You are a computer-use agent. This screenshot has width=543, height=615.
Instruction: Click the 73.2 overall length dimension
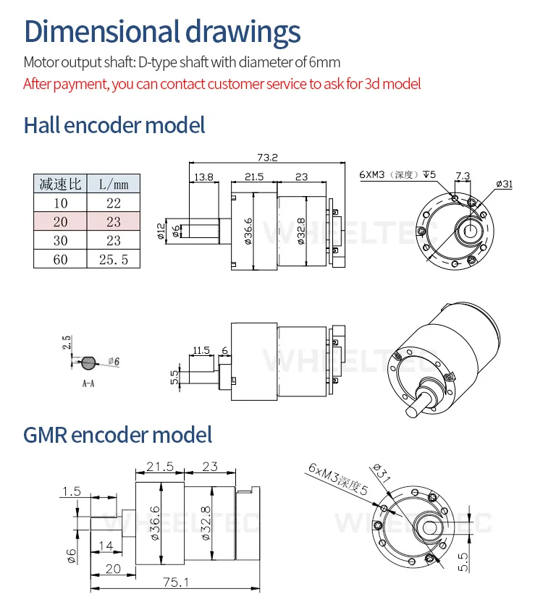[267, 157]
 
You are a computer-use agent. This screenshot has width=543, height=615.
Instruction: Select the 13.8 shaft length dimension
[203, 177]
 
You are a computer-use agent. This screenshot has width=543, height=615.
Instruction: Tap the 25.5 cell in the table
[114, 259]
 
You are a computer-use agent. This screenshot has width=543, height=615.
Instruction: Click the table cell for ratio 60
[60, 259]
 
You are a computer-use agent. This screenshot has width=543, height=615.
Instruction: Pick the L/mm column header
[114, 184]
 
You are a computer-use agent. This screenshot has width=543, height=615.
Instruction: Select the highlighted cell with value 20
[60, 221]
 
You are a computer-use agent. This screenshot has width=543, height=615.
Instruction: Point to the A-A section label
[88, 383]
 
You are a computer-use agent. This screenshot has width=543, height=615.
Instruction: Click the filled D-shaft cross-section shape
[88, 362]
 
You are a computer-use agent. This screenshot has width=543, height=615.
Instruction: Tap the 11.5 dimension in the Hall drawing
[201, 350]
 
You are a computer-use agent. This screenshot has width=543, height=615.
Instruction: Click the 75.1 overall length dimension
[176, 582]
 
